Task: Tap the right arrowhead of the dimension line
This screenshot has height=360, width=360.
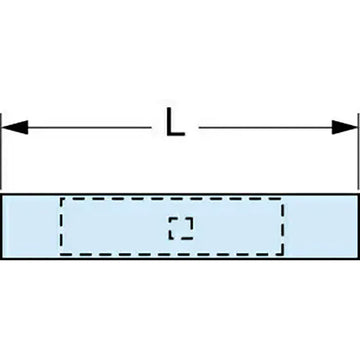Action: point(348,127)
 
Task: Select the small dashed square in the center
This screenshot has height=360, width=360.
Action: point(181,228)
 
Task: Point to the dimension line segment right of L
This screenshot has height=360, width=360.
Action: point(270,127)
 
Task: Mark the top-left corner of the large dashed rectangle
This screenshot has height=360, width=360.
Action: point(61,199)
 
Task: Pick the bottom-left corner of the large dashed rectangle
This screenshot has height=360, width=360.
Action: point(61,254)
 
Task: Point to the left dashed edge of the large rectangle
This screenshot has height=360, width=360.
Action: point(61,227)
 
